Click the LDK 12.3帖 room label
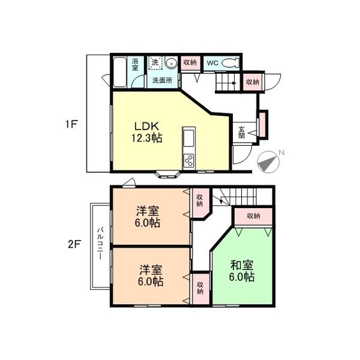147,132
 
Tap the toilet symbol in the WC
231,62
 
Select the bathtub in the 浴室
119,72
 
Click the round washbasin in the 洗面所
171,62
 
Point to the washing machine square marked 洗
155,62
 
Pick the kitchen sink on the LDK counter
189,138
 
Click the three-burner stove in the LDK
189,160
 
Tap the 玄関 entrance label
241,132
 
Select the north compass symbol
268,161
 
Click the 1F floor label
72,124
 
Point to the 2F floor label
74,244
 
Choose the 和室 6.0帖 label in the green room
242,271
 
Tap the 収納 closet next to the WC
190,62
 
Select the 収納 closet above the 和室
253,216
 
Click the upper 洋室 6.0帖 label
148,217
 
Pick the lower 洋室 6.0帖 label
151,275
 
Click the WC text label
212,63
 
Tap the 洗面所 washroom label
163,80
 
